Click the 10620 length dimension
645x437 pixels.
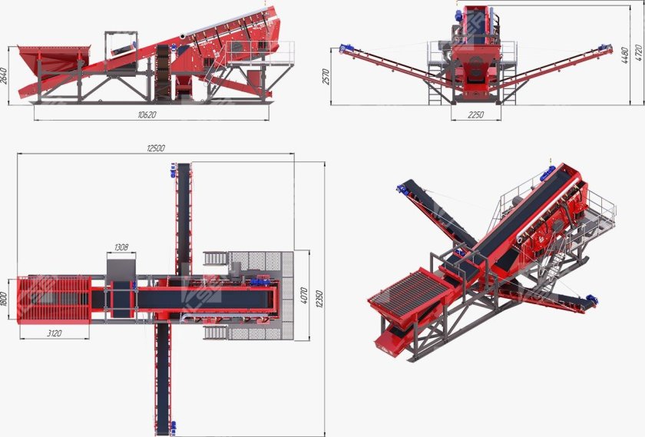pyautogui.click(x=147, y=114)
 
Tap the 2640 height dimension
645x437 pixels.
pyautogui.click(x=4, y=76)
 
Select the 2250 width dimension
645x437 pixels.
pyautogui.click(x=475, y=114)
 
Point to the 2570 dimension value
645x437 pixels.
pyautogui.click(x=326, y=77)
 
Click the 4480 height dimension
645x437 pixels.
pyautogui.click(x=625, y=55)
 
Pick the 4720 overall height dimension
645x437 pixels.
pyautogui.click(x=639, y=53)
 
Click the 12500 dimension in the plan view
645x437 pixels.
pyautogui.click(x=155, y=148)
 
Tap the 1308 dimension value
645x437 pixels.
pyautogui.click(x=121, y=247)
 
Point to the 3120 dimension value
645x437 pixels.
pyautogui.click(x=55, y=333)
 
